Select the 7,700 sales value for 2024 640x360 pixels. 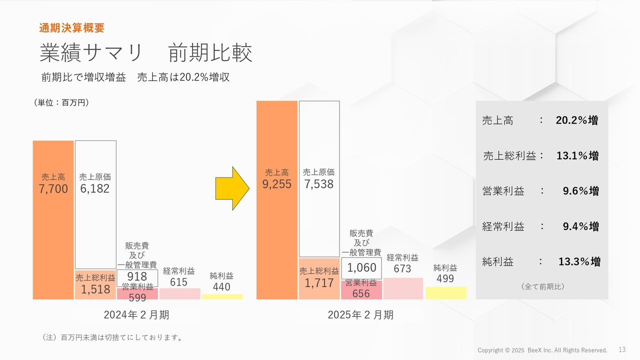(53, 189)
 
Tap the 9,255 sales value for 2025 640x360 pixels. (276, 184)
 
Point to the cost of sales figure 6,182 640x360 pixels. (95, 189)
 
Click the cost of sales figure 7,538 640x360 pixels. (318, 184)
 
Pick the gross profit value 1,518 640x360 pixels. (95, 289)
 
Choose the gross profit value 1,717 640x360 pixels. (319, 283)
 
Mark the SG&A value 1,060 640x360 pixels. (361, 268)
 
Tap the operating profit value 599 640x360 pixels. (137, 298)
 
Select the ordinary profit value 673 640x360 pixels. (402, 269)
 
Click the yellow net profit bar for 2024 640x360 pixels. (222, 296)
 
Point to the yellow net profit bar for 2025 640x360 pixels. (445, 293)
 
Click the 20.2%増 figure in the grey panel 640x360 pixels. (576, 120)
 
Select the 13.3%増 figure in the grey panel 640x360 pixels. (579, 261)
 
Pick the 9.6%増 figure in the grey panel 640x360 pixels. (580, 191)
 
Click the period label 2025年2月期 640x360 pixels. (360, 315)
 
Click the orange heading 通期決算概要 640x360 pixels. (71, 28)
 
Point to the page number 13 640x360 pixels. (622, 349)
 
